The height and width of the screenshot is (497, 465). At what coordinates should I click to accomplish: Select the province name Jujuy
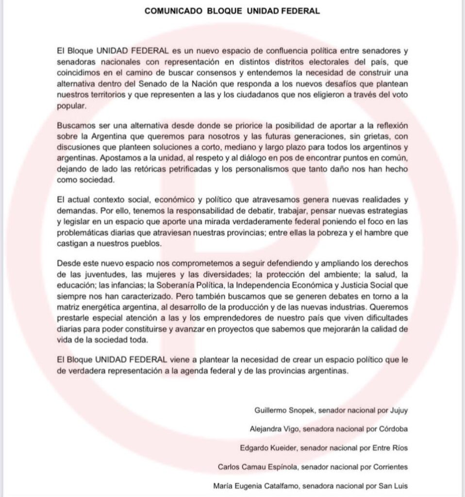[x=398, y=410]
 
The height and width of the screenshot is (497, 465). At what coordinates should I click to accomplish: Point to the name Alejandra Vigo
[x=272, y=429]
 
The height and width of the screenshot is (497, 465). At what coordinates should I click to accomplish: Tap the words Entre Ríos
[x=391, y=447]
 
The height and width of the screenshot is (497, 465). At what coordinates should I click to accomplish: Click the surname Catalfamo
[x=282, y=485]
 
